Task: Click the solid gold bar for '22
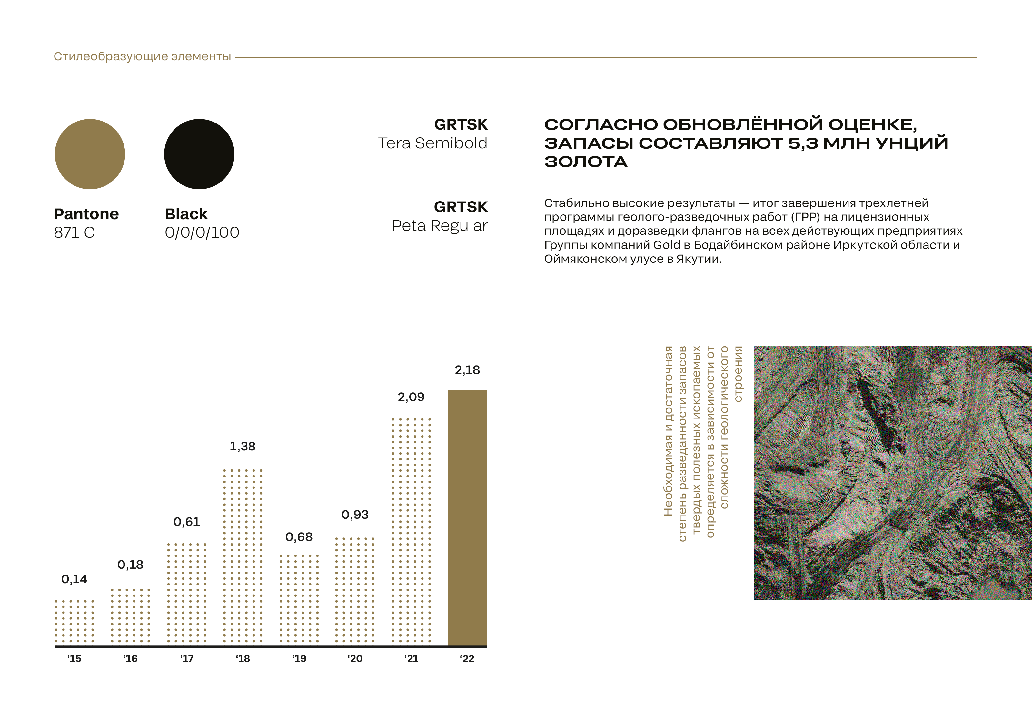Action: point(467,517)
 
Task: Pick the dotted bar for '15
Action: point(74,621)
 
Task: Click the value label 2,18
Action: point(467,370)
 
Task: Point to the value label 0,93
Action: point(355,515)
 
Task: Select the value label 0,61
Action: point(186,522)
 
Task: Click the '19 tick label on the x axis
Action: point(299,659)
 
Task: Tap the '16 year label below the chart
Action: point(130,659)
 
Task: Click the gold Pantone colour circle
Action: point(90,154)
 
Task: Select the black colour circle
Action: point(199,154)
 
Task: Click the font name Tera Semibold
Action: point(432,143)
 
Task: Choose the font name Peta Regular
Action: point(440,226)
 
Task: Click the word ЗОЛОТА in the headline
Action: point(586,162)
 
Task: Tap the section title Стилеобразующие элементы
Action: point(142,57)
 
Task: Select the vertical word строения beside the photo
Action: point(738,373)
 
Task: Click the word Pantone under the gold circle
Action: point(86,214)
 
